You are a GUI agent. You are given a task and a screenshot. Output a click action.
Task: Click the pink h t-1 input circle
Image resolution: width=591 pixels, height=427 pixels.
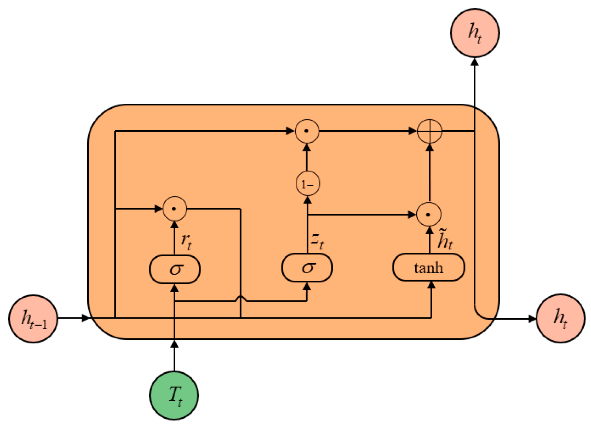tap(34, 319)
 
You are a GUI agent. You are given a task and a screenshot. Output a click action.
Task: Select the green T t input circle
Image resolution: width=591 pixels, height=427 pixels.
tap(174, 395)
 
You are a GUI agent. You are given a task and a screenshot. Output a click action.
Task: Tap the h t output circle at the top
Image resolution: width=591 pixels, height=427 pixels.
tap(475, 32)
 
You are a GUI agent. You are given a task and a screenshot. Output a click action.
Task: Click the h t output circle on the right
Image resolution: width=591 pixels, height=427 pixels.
tap(560, 318)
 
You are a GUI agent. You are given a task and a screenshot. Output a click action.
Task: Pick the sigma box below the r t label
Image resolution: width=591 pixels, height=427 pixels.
tap(175, 269)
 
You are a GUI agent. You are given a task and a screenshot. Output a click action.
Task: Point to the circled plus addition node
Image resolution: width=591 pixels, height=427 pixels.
tap(430, 131)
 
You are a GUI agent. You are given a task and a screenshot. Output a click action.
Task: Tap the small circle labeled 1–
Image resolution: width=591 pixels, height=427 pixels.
tap(308, 184)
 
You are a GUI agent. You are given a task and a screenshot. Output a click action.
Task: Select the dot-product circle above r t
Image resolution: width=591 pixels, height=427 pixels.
tap(174, 209)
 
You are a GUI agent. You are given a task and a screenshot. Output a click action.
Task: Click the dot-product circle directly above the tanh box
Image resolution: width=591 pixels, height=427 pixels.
tap(429, 214)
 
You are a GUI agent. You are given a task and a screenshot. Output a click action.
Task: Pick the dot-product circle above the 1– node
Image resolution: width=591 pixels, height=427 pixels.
tap(307, 131)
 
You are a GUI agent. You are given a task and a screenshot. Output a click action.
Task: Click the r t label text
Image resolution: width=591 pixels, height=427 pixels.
tap(186, 240)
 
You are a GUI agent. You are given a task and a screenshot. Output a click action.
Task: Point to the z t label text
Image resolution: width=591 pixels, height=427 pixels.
tap(317, 240)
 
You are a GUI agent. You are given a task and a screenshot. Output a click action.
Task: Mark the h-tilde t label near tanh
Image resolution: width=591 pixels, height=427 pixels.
tap(445, 239)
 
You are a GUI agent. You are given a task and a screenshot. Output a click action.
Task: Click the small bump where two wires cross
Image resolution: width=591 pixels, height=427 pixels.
tap(241, 300)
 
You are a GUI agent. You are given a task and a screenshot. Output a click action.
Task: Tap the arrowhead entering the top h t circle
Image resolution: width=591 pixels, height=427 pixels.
tap(475, 62)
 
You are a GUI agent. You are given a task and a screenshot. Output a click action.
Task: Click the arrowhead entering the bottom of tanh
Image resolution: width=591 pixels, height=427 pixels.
tap(432, 285)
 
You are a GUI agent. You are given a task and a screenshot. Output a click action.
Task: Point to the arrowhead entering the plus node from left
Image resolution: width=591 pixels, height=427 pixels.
tap(413, 131)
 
